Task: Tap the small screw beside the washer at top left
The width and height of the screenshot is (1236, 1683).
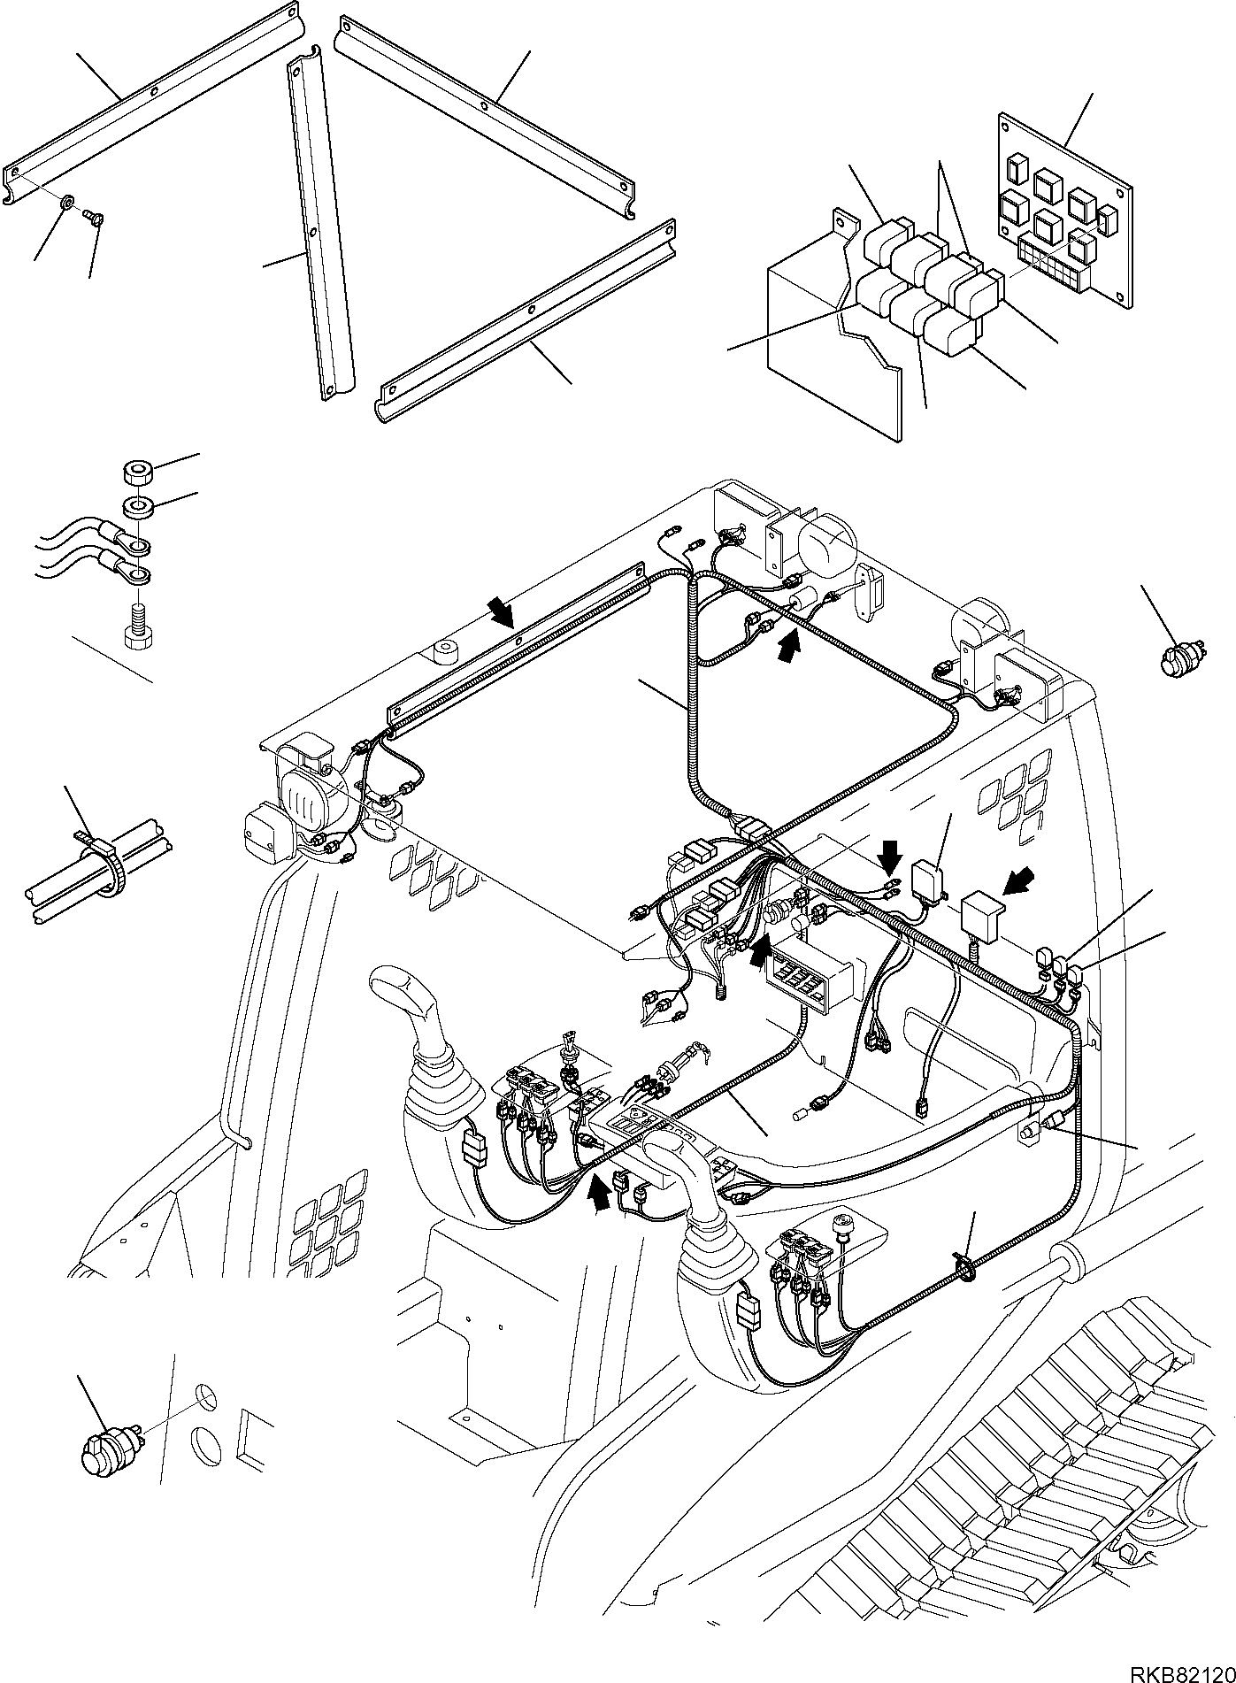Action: tap(95, 213)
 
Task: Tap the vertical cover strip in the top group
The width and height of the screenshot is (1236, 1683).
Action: tap(319, 230)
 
